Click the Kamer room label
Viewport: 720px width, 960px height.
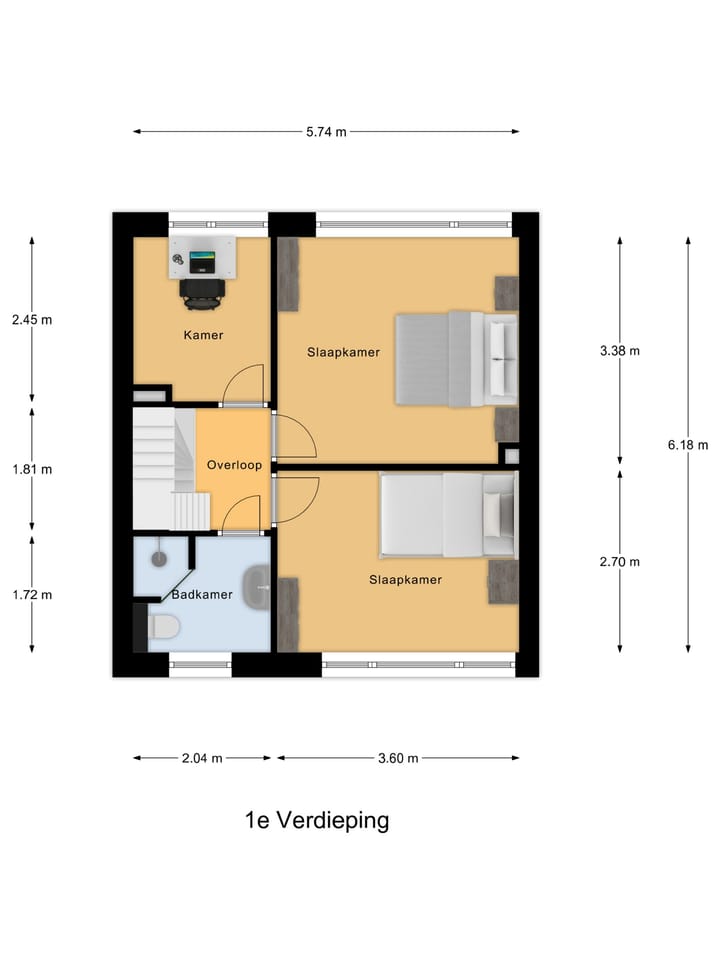pyautogui.click(x=203, y=335)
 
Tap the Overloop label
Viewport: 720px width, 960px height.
pyautogui.click(x=234, y=465)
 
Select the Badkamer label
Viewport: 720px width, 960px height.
pyautogui.click(x=202, y=594)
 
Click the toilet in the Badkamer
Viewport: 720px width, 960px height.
pyautogui.click(x=163, y=627)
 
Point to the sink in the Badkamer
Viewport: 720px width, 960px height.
pyautogui.click(x=256, y=587)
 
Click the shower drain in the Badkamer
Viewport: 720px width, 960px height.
pyautogui.click(x=159, y=558)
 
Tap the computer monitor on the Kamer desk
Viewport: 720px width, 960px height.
pyautogui.click(x=201, y=261)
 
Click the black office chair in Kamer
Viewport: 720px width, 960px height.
pyautogui.click(x=201, y=294)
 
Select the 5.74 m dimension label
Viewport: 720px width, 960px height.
pyautogui.click(x=326, y=132)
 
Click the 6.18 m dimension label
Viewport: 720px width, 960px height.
pyautogui.click(x=688, y=445)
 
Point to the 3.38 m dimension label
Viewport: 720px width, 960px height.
pyautogui.click(x=620, y=351)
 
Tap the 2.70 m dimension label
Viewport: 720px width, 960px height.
pyautogui.click(x=620, y=562)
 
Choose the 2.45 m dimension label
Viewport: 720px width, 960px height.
pyautogui.click(x=32, y=320)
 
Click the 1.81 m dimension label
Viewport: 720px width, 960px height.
pyautogui.click(x=32, y=470)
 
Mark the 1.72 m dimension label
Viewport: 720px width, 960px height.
pyautogui.click(x=32, y=595)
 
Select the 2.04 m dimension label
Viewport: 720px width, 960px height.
pyautogui.click(x=202, y=759)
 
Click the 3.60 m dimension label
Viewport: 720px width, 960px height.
pyautogui.click(x=398, y=759)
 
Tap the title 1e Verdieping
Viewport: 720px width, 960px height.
pyautogui.click(x=317, y=820)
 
